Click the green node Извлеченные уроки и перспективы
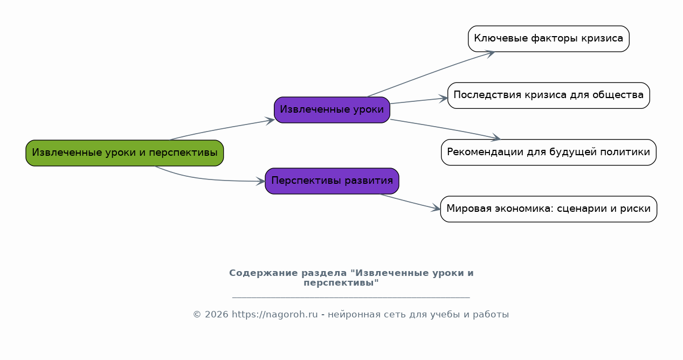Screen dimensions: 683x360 125,153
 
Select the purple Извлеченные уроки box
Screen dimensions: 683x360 332,110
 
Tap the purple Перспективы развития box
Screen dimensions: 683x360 332,181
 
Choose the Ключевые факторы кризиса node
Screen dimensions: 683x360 549,39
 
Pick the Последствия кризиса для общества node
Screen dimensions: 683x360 549,95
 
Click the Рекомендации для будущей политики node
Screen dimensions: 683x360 549,153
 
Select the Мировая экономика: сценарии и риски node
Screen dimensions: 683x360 549,209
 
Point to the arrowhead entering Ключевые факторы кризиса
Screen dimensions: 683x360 490,54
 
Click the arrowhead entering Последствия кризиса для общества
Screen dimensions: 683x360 443,99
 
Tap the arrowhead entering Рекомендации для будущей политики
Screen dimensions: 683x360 495,137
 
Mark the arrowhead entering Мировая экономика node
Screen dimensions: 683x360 436,208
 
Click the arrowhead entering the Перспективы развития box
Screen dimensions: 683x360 260,182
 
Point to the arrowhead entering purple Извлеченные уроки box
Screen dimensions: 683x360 270,121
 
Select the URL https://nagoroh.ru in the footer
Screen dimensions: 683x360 275,314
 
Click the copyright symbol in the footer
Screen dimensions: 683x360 197,314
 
